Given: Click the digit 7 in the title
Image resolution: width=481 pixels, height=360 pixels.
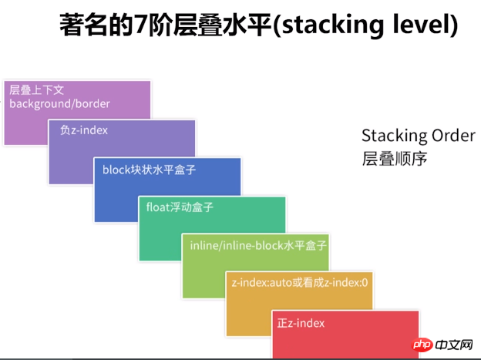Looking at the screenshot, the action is click(140, 25).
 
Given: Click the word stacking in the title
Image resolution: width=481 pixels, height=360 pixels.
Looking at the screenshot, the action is click(332, 26).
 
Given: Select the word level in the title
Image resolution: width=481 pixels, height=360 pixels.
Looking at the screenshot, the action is click(422, 24).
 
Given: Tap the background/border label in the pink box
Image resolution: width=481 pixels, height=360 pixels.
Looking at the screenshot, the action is click(59, 104).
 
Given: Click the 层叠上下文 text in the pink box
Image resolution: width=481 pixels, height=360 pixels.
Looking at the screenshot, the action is click(36, 89).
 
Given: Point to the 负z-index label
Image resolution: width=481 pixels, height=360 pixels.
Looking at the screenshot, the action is click(84, 130).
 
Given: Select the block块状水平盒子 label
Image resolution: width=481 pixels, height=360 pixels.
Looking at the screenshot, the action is click(149, 170).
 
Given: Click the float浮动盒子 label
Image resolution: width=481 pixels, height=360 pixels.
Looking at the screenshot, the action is click(180, 207).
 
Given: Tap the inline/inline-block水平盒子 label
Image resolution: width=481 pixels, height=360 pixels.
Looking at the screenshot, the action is click(258, 245).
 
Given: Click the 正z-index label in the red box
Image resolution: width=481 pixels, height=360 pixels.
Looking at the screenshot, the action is click(301, 323).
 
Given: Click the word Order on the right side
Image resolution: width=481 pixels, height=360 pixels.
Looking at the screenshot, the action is click(453, 136).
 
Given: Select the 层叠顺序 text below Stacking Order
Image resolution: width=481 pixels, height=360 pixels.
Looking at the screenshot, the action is click(395, 159).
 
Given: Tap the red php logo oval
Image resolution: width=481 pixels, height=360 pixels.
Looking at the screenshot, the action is click(422, 345).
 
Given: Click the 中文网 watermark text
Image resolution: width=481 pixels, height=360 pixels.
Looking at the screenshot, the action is click(454, 345).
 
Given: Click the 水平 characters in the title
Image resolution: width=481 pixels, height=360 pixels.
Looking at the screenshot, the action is click(247, 25).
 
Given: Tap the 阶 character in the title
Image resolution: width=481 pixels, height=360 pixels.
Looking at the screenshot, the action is click(160, 25).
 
